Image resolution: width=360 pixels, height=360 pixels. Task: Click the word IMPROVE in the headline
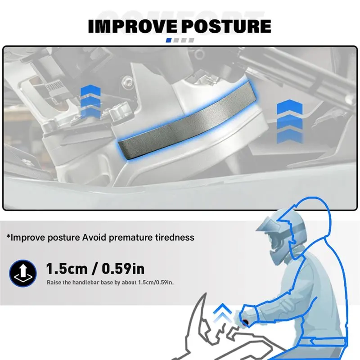(132, 26)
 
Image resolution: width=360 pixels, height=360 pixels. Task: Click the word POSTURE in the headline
(226, 26)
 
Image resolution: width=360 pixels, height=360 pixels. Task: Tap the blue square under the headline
(168, 40)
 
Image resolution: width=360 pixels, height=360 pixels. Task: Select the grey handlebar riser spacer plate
(187, 121)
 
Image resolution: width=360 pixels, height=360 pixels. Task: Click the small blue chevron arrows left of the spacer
(90, 101)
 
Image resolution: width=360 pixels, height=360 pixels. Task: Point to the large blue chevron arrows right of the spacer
(289, 121)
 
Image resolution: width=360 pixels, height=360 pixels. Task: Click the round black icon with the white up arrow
(23, 273)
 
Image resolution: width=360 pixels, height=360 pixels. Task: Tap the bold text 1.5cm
(67, 269)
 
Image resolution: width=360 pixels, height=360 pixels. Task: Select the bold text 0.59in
(123, 269)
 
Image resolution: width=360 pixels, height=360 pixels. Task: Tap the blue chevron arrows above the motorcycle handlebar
(222, 313)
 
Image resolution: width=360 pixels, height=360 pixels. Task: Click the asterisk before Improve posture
(9, 236)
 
